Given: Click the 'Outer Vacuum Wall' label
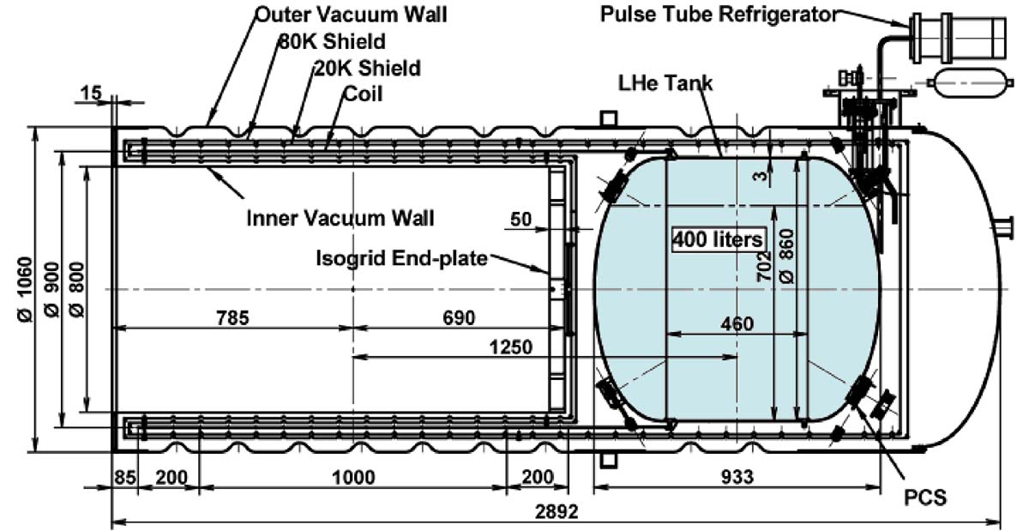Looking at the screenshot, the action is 351,15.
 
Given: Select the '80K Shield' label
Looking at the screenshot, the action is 333,41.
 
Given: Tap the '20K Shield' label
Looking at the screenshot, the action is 368,68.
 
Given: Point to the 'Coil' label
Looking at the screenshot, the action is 363,94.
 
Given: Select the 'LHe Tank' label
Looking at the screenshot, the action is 665,83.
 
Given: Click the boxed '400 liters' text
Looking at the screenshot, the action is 719,239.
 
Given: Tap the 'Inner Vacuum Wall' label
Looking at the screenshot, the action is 340,218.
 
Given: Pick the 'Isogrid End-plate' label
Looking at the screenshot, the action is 401,258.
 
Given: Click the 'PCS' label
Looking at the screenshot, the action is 925,498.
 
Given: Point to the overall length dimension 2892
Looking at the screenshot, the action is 557,511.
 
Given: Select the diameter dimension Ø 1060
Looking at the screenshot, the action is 26,289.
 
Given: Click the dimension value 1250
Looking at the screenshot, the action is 511,347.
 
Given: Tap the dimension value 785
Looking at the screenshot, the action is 233,317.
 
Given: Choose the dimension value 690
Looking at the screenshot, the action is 459,317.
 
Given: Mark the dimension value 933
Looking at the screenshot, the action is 737,477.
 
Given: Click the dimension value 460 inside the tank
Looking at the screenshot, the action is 737,324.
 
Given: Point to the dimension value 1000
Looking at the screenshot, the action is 353,477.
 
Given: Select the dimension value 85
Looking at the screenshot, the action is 125,477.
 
